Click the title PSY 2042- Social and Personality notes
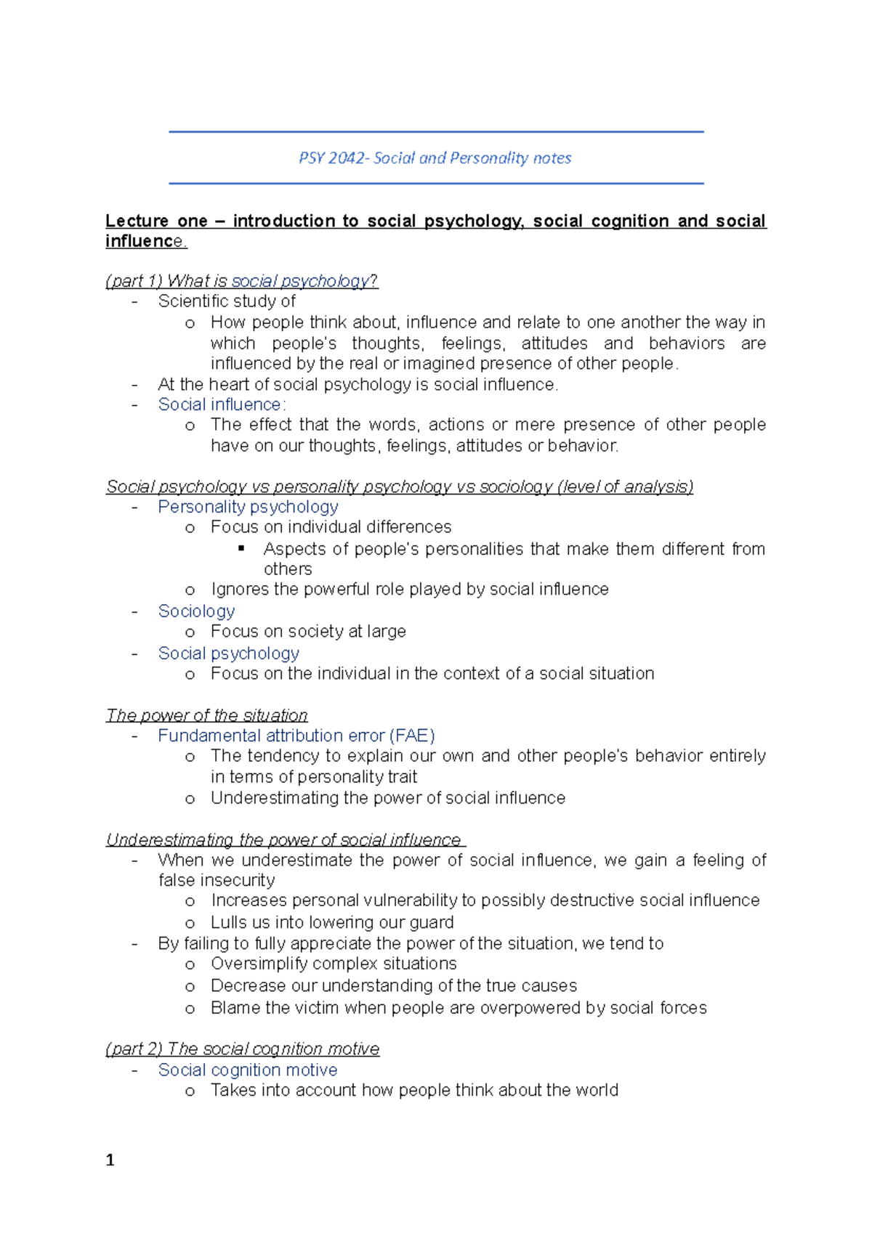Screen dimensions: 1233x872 click(435, 158)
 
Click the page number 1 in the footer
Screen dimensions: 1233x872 click(110, 1160)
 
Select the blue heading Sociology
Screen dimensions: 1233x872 click(196, 611)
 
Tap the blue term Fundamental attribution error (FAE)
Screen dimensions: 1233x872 click(296, 736)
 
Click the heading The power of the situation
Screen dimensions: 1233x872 click(206, 715)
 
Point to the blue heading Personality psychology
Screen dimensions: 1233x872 click(248, 507)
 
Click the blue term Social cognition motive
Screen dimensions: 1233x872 click(247, 1070)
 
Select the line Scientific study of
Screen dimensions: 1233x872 click(226, 301)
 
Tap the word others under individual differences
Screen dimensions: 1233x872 click(288, 569)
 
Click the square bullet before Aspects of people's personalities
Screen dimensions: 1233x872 click(242, 548)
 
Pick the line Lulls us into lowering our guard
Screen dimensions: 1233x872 click(332, 922)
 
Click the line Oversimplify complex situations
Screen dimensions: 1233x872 click(334, 964)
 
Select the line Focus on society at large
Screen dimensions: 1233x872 click(308, 631)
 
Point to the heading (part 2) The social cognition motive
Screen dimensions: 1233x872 click(242, 1049)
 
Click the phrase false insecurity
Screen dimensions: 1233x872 click(217, 880)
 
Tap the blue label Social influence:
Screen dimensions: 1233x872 click(222, 404)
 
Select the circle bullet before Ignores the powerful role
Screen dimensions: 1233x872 click(190, 590)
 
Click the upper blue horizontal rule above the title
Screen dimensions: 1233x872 click(436, 132)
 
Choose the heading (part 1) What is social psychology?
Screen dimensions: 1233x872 click(241, 281)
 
